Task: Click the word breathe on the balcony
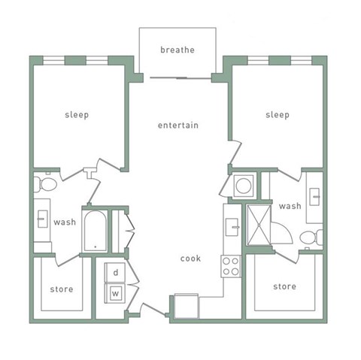coord(177,50)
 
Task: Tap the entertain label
coord(178,125)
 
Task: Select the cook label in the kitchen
coord(190,259)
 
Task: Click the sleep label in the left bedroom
coord(77,115)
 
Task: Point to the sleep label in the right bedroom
coord(278,115)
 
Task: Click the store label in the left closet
coord(62,289)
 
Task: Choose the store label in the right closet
coord(284,286)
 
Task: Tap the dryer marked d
coord(115,272)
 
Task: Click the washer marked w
coord(115,293)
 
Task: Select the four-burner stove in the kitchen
coord(231,266)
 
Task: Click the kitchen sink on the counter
coord(232,227)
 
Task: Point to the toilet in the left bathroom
coord(45,184)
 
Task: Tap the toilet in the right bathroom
coord(311,237)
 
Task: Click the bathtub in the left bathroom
coord(95,231)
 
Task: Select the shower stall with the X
coord(259,225)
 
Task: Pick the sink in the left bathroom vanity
coord(43,219)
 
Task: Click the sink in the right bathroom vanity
coord(314,197)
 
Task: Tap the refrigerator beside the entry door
coord(187,306)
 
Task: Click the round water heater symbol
coord(244,186)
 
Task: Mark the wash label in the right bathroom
coord(290,206)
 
